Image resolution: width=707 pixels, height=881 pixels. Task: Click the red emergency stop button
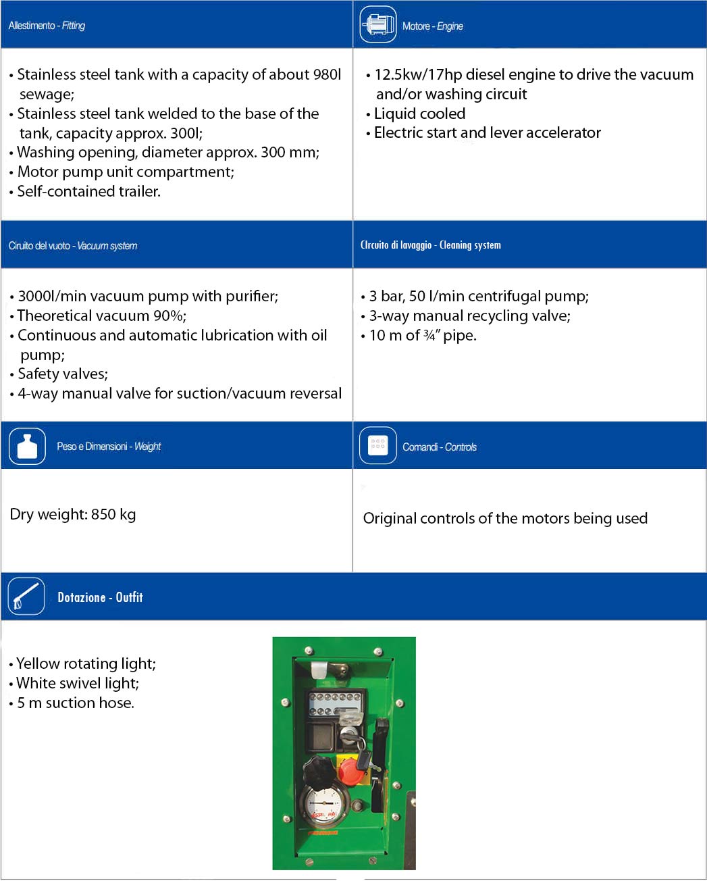click(x=350, y=770)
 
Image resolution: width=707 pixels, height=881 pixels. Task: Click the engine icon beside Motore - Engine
click(x=378, y=25)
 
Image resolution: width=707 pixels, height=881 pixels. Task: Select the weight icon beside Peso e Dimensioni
click(x=27, y=447)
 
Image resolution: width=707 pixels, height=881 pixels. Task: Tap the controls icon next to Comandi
click(x=378, y=446)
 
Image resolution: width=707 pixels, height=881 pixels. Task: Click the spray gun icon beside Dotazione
click(x=26, y=597)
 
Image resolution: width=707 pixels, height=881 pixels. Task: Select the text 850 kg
click(x=113, y=514)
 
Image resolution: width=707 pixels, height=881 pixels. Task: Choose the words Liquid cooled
click(x=419, y=114)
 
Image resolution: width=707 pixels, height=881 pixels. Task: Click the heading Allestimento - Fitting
click(x=47, y=26)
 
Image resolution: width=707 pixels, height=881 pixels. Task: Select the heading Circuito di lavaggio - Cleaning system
click(x=431, y=245)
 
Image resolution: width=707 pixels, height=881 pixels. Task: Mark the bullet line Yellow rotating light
click(x=86, y=663)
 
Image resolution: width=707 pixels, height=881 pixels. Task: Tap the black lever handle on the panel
click(x=382, y=747)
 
